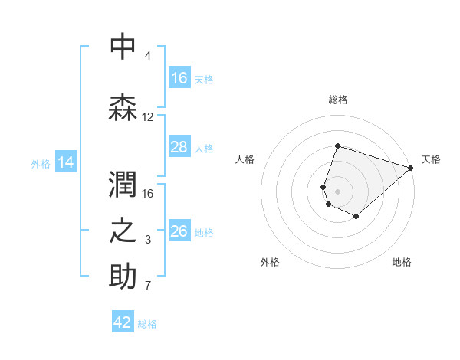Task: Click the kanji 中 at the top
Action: point(123,47)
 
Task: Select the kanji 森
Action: point(123,108)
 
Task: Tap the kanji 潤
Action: point(123,184)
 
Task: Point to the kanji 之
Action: point(123,231)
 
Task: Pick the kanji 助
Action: point(123,277)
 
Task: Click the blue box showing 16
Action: point(179,78)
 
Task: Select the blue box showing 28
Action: point(179,147)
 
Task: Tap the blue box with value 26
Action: point(179,231)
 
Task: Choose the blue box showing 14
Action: point(66,162)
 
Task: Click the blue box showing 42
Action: point(123,322)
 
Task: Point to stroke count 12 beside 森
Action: point(148,117)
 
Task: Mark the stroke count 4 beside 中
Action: point(148,56)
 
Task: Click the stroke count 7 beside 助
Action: point(148,286)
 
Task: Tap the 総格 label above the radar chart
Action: point(337,100)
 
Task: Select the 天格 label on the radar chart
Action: point(431,159)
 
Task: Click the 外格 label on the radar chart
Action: point(270,262)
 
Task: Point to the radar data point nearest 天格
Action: point(411,168)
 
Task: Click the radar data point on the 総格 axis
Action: point(337,146)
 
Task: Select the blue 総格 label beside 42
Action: point(148,324)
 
